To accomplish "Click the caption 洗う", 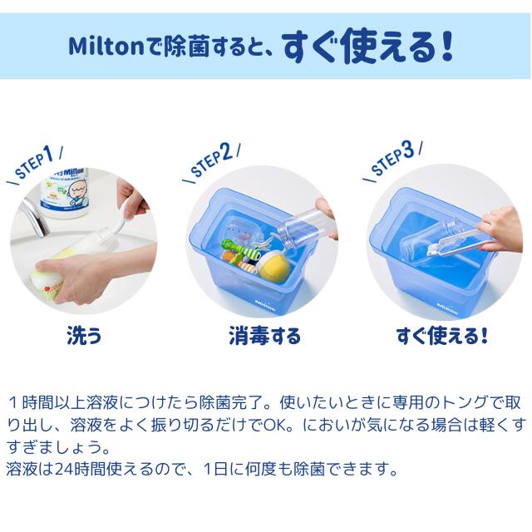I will (84, 337).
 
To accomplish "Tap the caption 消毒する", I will (264, 337).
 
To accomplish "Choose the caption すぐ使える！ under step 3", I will (441, 337).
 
